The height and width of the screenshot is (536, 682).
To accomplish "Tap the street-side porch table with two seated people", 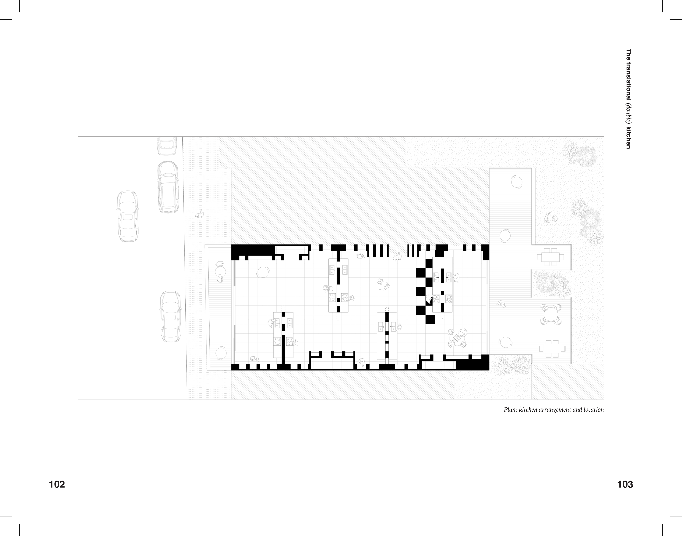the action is click(221, 271).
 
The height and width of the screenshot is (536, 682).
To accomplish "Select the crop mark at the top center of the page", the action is click(341, 4).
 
